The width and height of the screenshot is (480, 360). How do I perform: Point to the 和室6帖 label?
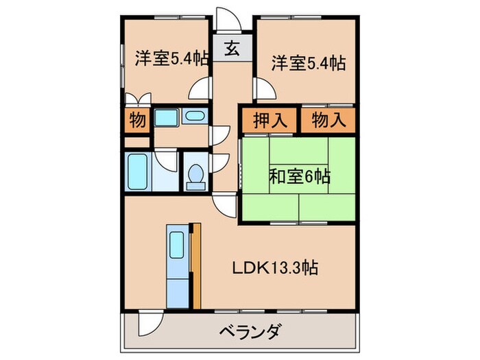[x=299, y=176]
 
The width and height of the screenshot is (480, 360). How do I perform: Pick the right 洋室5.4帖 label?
[x=307, y=62]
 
